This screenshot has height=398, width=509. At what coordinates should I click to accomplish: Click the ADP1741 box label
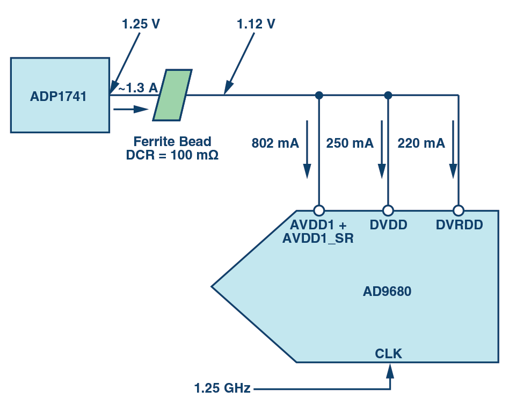(x=59, y=97)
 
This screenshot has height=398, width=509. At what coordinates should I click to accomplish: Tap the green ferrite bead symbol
(x=172, y=95)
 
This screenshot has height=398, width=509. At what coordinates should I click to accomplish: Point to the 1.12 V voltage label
(x=256, y=24)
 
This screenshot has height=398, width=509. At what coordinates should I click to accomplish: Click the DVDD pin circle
(x=388, y=210)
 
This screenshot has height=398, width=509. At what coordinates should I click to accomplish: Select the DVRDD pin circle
(x=458, y=210)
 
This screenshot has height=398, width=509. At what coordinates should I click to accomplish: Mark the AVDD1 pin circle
(x=319, y=210)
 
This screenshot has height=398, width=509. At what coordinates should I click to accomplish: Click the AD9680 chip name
(x=387, y=292)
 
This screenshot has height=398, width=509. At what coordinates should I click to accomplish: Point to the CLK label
(x=388, y=353)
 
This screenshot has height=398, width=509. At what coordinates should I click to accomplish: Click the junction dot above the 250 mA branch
(x=388, y=95)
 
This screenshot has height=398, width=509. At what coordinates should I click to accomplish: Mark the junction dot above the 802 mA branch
(x=319, y=95)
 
